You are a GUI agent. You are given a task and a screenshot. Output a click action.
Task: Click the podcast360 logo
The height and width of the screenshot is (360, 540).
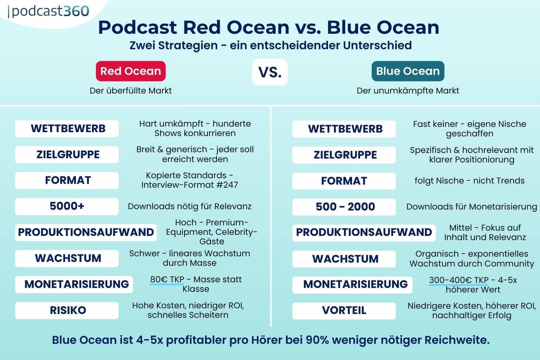tap(49, 11)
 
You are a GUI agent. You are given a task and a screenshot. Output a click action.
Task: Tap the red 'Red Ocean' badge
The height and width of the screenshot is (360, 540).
tap(130, 71)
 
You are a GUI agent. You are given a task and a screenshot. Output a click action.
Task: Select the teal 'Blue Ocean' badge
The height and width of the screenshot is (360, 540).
tap(408, 71)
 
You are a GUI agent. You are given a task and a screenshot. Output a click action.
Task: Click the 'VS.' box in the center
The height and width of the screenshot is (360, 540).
tap(270, 72)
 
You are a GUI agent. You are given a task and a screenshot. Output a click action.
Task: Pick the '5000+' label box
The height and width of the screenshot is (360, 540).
tap(67, 206)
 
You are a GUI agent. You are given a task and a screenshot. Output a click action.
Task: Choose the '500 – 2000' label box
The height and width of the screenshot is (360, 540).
tap(344, 207)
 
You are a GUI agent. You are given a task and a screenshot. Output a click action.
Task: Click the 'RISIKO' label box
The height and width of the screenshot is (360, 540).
tap(67, 310)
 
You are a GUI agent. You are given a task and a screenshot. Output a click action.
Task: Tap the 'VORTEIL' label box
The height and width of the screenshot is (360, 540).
tap(344, 310)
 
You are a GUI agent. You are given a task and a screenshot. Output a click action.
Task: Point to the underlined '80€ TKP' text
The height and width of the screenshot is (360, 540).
tap(167, 279)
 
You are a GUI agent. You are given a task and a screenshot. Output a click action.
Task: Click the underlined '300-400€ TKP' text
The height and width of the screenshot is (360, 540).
tap(458, 280)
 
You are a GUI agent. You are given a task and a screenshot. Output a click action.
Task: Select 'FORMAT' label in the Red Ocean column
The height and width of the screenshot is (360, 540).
tap(67, 180)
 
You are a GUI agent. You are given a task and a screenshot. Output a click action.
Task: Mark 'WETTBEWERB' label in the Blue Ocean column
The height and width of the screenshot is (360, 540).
tap(344, 129)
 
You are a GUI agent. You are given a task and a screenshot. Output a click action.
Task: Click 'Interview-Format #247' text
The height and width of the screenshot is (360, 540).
tap(189, 185)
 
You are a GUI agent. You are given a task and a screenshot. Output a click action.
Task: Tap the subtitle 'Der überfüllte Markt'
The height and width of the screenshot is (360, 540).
tap(130, 91)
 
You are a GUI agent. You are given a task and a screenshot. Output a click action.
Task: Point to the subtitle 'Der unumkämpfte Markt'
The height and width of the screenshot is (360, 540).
tap(408, 91)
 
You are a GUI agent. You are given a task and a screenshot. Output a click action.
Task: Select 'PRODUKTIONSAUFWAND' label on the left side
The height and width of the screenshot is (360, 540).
tap(86, 232)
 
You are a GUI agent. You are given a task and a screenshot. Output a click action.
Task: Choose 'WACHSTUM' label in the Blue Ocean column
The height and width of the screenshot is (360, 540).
tap(344, 259)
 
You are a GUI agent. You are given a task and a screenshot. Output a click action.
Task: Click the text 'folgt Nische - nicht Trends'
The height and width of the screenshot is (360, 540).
tap(469, 181)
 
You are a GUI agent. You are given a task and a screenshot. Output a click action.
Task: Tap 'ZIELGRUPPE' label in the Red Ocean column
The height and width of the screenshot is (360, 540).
tap(67, 154)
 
